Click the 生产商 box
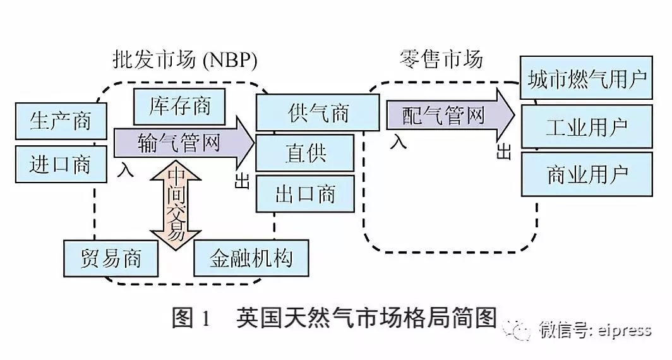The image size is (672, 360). point(60,121)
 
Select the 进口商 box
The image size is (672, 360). point(60,165)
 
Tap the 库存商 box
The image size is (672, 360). point(180,105)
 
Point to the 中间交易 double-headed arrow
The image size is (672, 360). point(175,205)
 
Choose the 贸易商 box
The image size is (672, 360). point(111,258)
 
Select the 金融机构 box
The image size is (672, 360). point(251,258)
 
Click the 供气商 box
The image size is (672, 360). point(317,114)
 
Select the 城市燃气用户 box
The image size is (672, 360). point(586,80)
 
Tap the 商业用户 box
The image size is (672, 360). point(586,174)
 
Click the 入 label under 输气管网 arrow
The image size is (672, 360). point(125,170)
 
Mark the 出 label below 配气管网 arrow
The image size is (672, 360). point(504,152)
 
